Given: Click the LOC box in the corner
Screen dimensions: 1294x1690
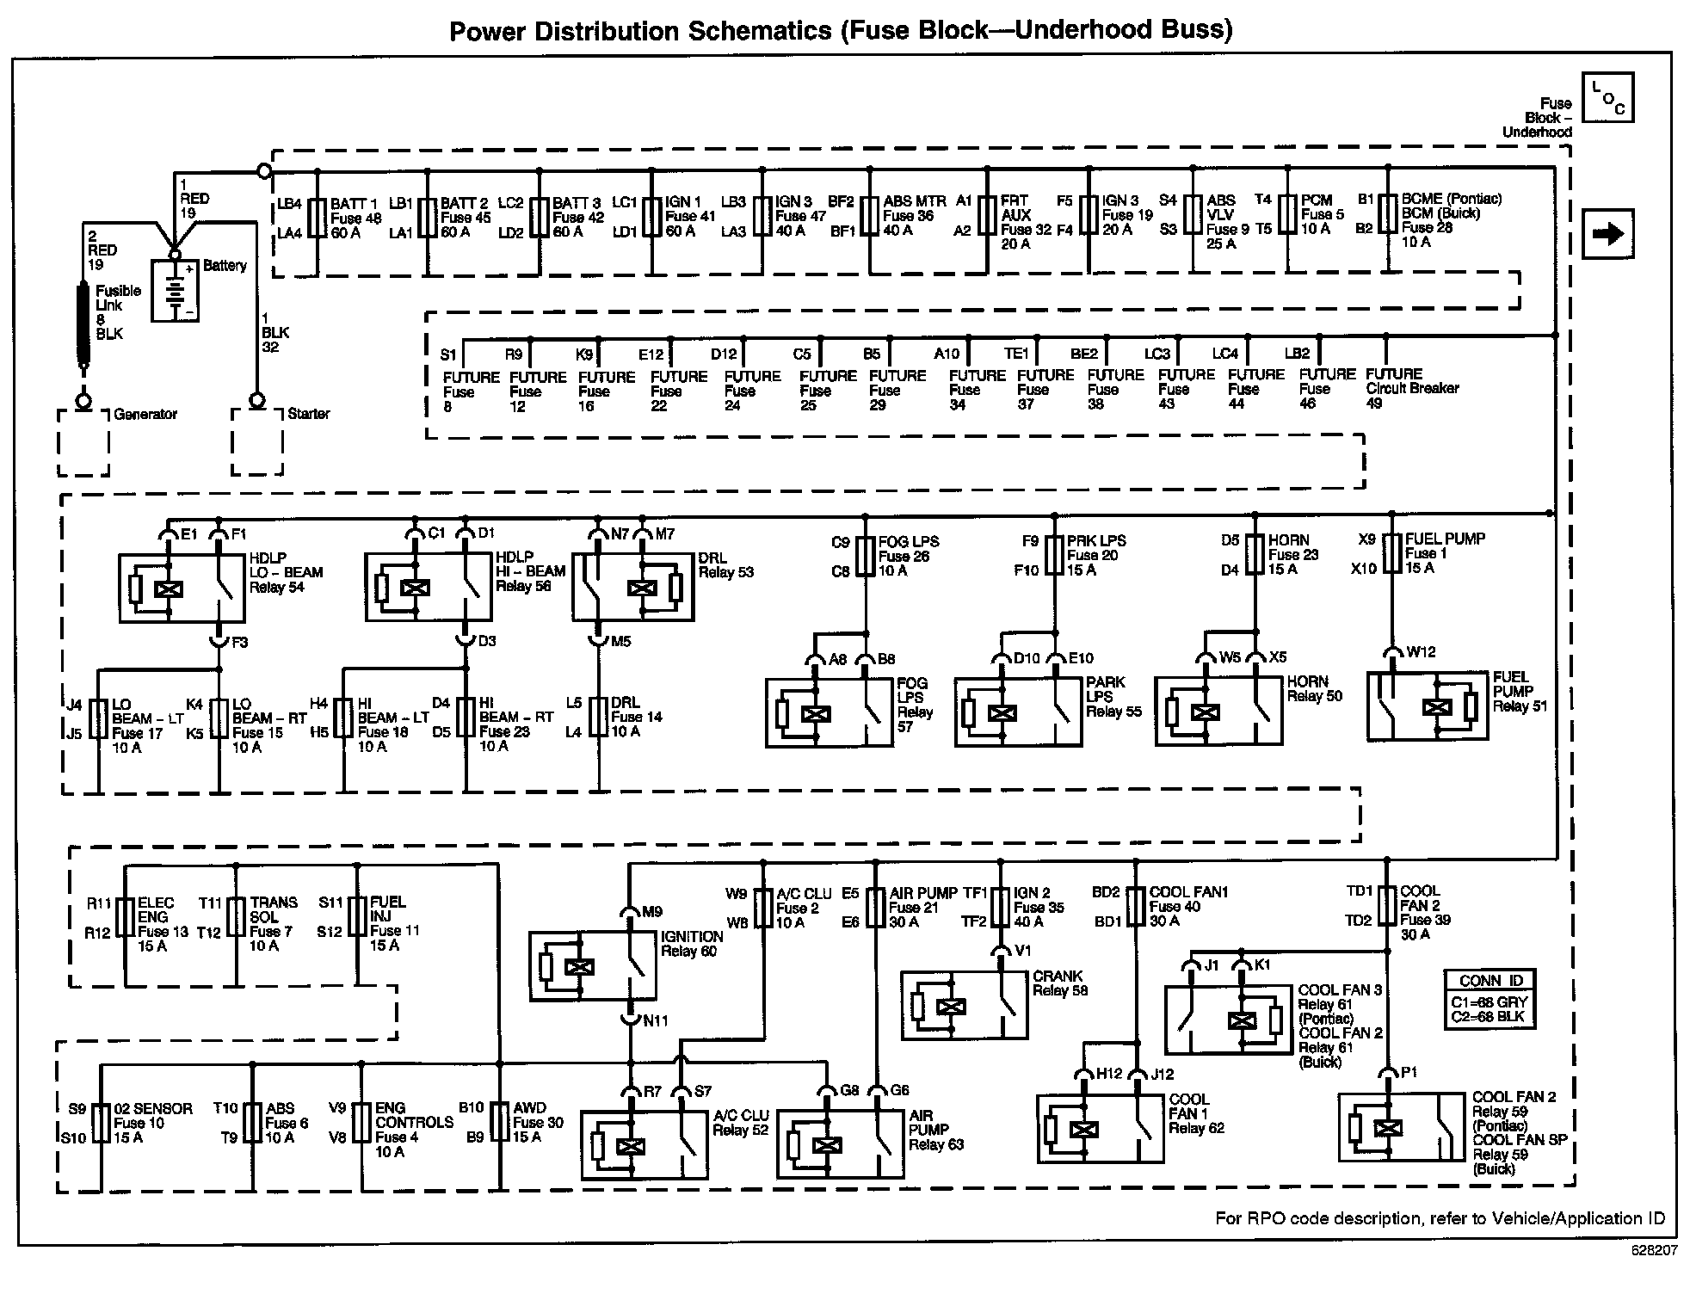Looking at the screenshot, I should pyautogui.click(x=1607, y=97).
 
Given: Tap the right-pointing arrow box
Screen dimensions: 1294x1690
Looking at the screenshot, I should pyautogui.click(x=1607, y=234).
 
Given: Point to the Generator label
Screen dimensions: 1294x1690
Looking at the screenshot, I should pyautogui.click(x=145, y=414).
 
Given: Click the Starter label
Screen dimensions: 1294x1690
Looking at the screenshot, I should pyautogui.click(x=308, y=414).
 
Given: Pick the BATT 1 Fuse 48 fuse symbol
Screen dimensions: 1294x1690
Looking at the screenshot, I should pyautogui.click(x=317, y=218).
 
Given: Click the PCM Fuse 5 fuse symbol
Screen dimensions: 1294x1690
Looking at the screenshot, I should pyautogui.click(x=1287, y=214).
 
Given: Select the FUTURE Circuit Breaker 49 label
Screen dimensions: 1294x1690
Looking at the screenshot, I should pyautogui.click(x=1411, y=388).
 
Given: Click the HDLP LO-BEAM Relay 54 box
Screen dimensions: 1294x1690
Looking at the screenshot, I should pyautogui.click(x=182, y=588).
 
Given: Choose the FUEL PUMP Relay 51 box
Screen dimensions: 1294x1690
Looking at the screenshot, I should pyautogui.click(x=1427, y=706).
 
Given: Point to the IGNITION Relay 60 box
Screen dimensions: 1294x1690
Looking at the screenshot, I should pyautogui.click(x=592, y=965).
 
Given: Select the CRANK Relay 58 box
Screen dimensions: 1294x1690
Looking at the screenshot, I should pyautogui.click(x=964, y=1006).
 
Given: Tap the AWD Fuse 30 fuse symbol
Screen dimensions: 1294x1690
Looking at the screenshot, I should pyautogui.click(x=499, y=1123).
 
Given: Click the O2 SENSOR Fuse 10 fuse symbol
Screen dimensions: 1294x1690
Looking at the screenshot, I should pyautogui.click(x=101, y=1123).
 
